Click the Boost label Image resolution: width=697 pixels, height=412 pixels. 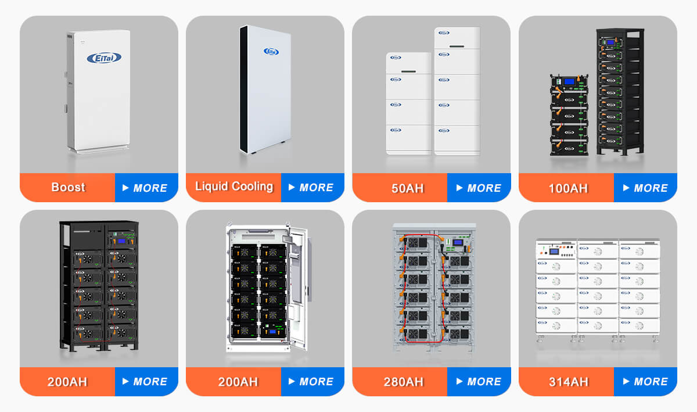click(x=68, y=187)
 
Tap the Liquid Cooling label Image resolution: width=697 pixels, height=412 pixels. click(x=233, y=187)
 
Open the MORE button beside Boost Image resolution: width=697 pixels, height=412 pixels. click(x=146, y=188)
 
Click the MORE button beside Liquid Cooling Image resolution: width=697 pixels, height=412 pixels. click(x=312, y=188)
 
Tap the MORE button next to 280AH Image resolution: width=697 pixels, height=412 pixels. click(x=479, y=382)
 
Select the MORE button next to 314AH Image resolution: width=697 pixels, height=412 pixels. click(x=645, y=382)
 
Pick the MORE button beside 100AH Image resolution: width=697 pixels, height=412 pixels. click(x=645, y=188)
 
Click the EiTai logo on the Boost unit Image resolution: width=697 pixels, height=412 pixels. click(x=103, y=58)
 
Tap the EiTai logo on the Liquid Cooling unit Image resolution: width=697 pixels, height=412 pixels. click(x=271, y=51)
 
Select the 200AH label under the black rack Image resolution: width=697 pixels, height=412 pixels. click(x=67, y=382)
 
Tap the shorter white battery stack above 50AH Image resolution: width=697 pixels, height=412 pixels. click(x=409, y=103)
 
